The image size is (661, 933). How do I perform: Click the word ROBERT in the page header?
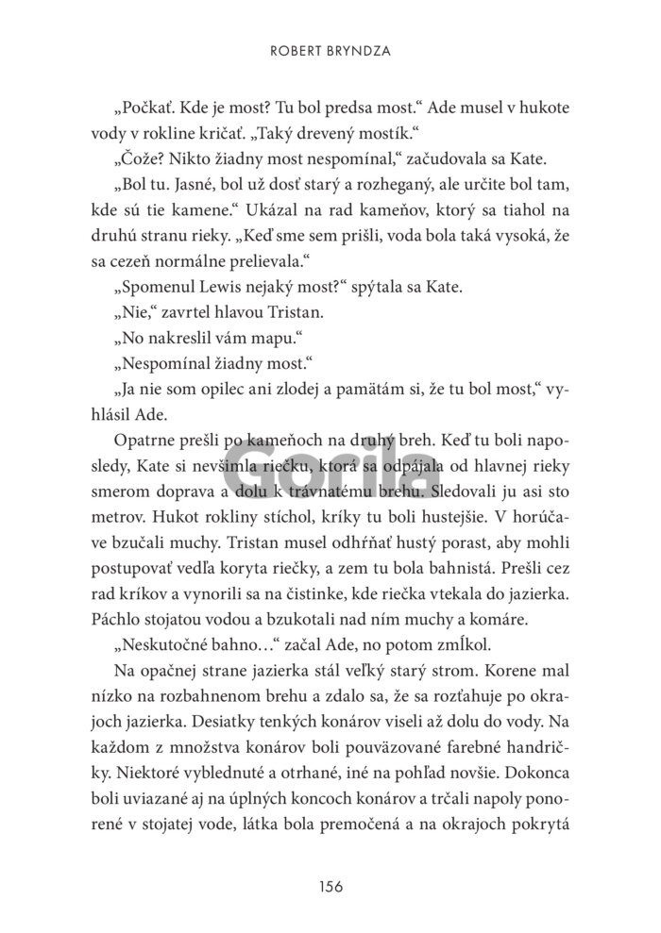coord(294,55)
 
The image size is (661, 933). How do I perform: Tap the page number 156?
coord(330,886)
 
